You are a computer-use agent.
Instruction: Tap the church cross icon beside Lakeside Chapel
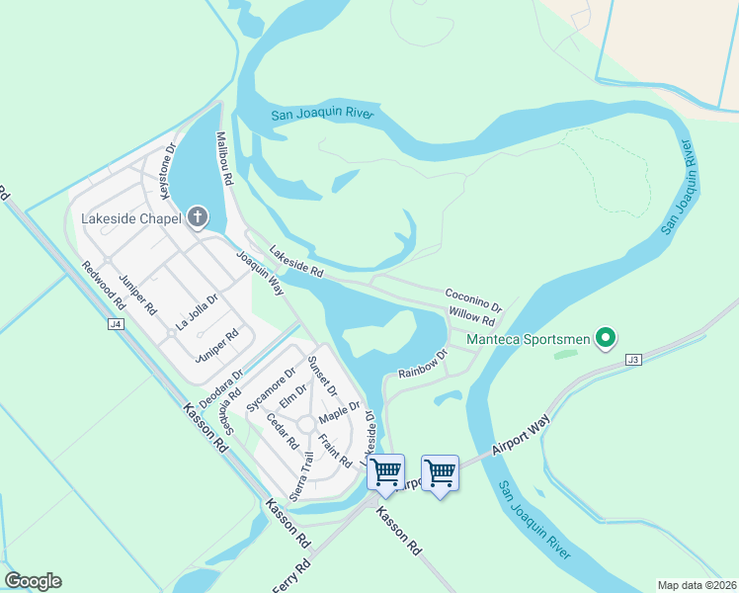198,217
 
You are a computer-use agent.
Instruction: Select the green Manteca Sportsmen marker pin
607,339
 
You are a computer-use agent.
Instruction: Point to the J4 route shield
116,323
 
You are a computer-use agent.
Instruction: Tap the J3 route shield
633,361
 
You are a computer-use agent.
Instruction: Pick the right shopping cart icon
440,472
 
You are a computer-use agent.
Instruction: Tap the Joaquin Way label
260,273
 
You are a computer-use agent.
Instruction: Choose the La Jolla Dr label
197,311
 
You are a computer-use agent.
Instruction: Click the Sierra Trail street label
302,474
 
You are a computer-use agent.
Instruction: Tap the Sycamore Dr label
271,389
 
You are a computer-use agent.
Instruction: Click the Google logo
33,581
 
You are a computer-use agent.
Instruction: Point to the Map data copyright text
696,585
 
